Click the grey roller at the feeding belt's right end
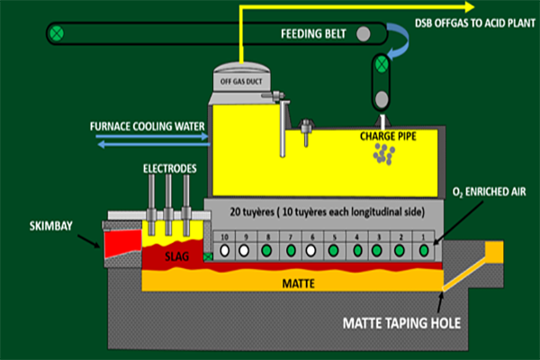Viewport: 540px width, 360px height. (363, 34)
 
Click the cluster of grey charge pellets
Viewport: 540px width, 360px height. (384, 156)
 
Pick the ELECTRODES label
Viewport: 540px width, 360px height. (168, 167)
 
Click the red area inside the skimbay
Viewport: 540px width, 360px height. (123, 242)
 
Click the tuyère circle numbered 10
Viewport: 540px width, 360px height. (223, 251)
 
